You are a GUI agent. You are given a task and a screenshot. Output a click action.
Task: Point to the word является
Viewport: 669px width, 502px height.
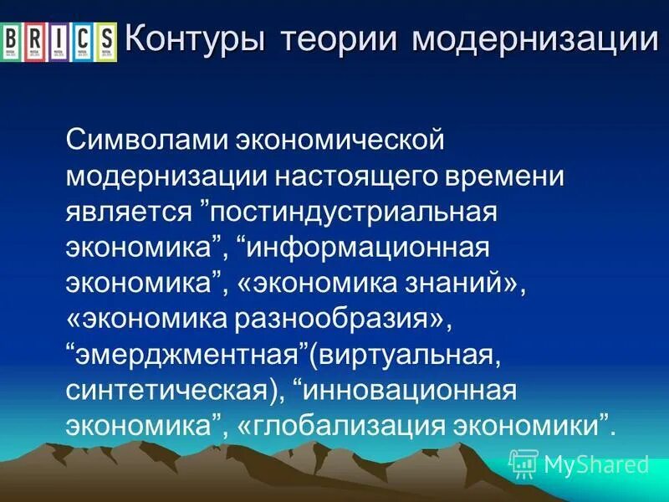[130, 210]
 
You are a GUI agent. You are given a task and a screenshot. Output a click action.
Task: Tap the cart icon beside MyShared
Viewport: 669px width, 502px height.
[523, 463]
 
